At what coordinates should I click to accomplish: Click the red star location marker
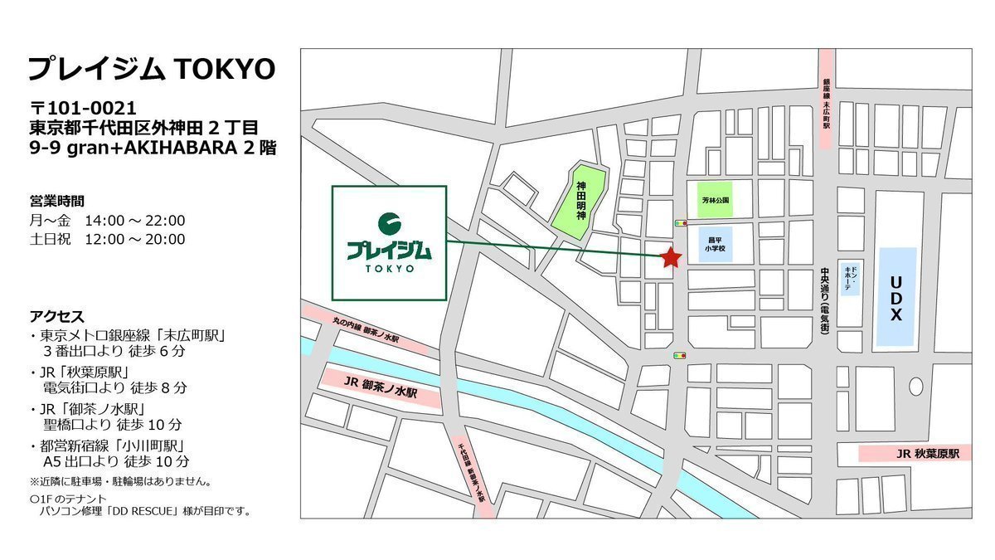point(671,258)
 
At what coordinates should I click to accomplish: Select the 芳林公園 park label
point(714,201)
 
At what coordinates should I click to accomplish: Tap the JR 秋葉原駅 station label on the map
point(915,454)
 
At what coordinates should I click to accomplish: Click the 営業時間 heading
point(56,201)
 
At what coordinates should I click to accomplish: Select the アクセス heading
point(56,316)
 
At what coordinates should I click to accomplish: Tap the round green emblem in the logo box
point(389,223)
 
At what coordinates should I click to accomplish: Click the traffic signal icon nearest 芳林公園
point(682,222)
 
